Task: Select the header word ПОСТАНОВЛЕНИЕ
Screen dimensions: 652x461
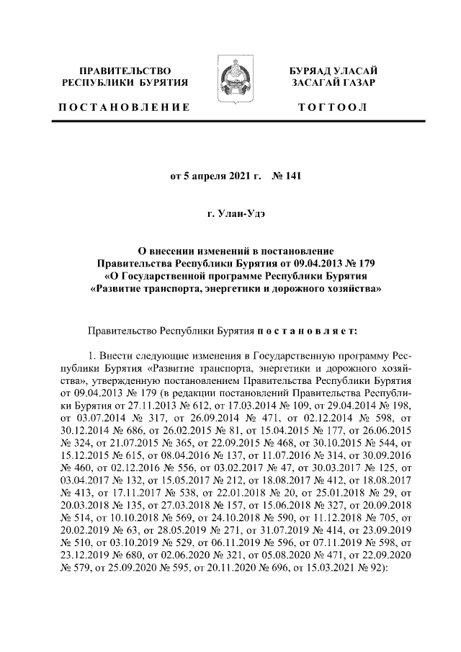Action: [123, 107]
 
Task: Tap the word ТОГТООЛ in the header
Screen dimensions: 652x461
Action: [332, 107]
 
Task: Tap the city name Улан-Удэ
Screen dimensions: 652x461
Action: [238, 214]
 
